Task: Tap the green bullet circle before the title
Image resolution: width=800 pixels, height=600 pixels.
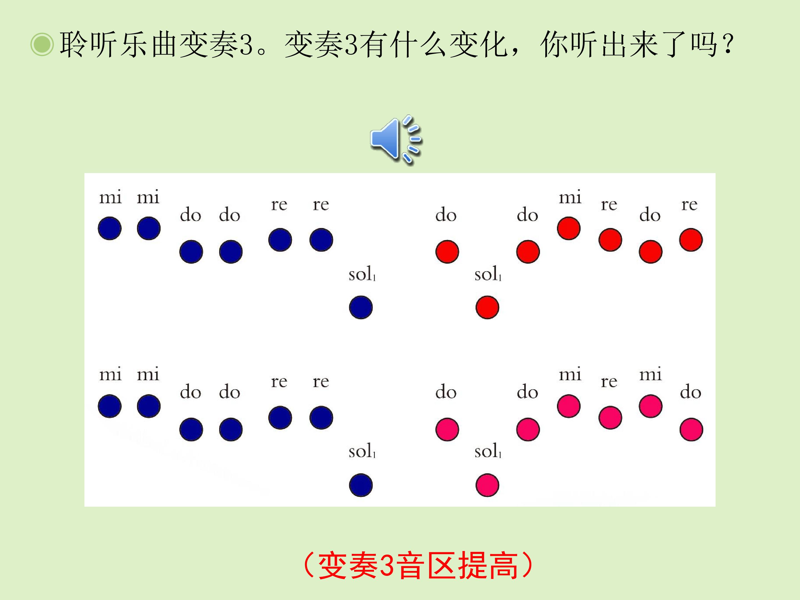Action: coord(42,45)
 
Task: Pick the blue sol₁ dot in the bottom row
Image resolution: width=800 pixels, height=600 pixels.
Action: coord(361,485)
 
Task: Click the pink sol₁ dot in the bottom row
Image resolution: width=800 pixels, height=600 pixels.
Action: coord(487,485)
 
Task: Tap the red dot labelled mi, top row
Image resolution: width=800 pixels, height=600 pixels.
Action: coord(569,228)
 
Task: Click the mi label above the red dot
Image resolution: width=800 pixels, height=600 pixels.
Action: coord(570,197)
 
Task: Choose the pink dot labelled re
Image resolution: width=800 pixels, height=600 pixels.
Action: coord(610,418)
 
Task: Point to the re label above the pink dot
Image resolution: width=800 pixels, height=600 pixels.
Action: coord(609,382)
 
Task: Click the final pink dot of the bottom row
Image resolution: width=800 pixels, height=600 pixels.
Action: coord(691,429)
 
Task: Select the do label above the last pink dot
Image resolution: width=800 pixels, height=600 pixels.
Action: coord(690,392)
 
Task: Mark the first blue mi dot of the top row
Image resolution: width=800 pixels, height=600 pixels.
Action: coord(110,228)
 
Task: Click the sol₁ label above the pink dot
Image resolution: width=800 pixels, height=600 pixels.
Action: coord(488,451)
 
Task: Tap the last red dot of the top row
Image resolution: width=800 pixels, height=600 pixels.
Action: coord(691,240)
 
